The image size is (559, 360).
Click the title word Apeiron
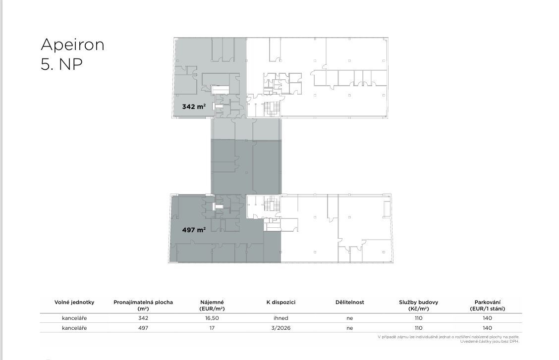point(72,45)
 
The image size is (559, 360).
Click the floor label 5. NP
point(61,64)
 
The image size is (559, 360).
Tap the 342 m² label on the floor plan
point(194,106)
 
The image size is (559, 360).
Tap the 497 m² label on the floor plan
point(194,230)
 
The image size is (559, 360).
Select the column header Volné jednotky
point(74,303)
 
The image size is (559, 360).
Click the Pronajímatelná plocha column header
point(143,305)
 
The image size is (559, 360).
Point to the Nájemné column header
point(212,305)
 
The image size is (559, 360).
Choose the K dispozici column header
point(281,303)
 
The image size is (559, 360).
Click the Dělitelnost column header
point(350,303)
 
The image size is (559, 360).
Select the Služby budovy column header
point(419,305)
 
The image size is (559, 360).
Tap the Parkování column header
point(487,305)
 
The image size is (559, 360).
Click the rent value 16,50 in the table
point(212,318)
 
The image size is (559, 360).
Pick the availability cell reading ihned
point(281,318)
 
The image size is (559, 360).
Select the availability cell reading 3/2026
point(281,328)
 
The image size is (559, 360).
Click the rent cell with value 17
point(212,328)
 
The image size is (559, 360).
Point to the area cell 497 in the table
point(143,328)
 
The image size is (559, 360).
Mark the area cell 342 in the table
point(143,318)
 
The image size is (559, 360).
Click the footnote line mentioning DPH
point(490,342)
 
